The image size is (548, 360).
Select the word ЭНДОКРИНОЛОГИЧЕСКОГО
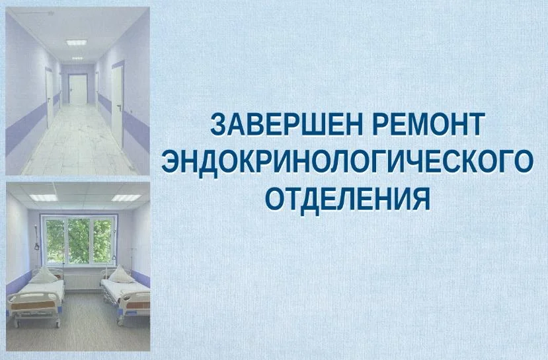click(347, 162)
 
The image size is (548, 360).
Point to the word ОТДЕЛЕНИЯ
click(347, 197)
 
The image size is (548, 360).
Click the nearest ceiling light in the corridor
click(77, 42)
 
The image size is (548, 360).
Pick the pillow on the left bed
click(45, 275)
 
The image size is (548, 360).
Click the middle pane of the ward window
click(79, 239)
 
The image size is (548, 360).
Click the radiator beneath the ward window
click(79, 280)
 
